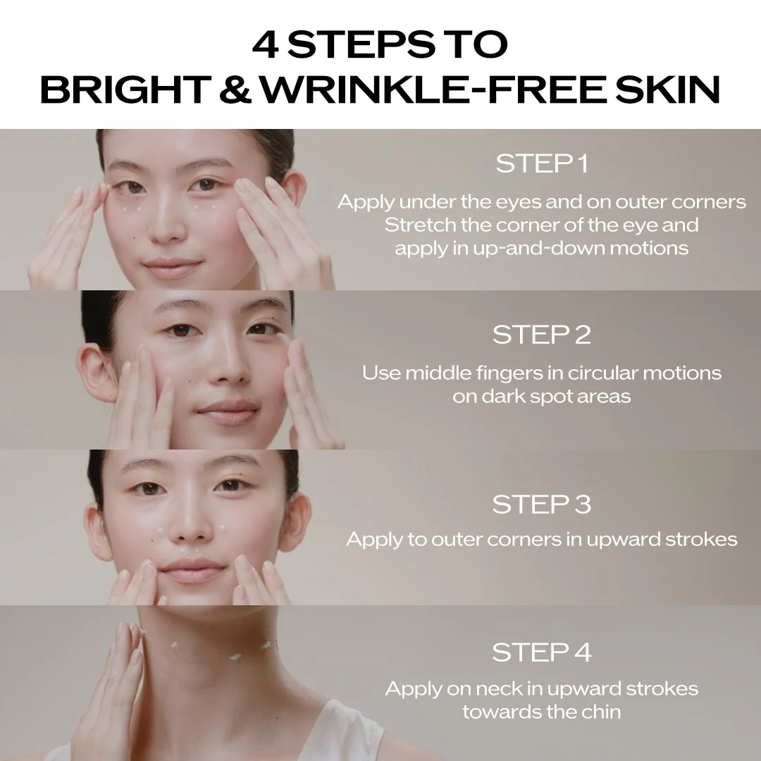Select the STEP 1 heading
pyautogui.click(x=542, y=163)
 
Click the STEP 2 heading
pyautogui.click(x=542, y=335)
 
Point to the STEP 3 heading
pyautogui.click(x=542, y=505)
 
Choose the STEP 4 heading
pyautogui.click(x=542, y=652)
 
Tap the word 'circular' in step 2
pyautogui.click(x=602, y=373)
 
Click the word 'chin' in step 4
pyautogui.click(x=602, y=712)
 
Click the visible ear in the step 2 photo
pyautogui.click(x=97, y=372)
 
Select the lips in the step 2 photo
pyautogui.click(x=228, y=412)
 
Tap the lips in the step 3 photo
pyautogui.click(x=192, y=570)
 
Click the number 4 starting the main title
pyautogui.click(x=265, y=44)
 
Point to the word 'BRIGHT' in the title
pyautogui.click(x=124, y=89)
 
